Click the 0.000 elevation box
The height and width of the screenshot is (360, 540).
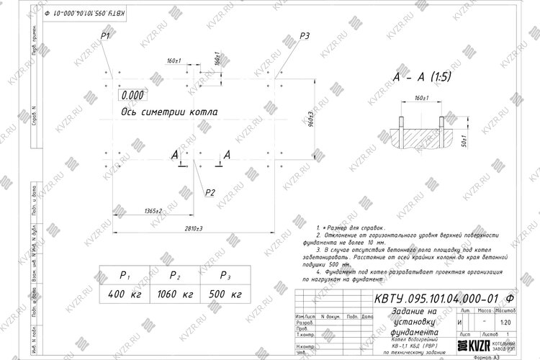132,94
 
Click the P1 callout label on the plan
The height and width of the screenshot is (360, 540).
105,35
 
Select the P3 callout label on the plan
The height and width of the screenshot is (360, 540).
305,36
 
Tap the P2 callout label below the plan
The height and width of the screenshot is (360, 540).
210,192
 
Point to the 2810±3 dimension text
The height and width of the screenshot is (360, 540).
191,228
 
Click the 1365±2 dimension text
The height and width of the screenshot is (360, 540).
151,211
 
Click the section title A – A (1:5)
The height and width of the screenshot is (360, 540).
421,76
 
